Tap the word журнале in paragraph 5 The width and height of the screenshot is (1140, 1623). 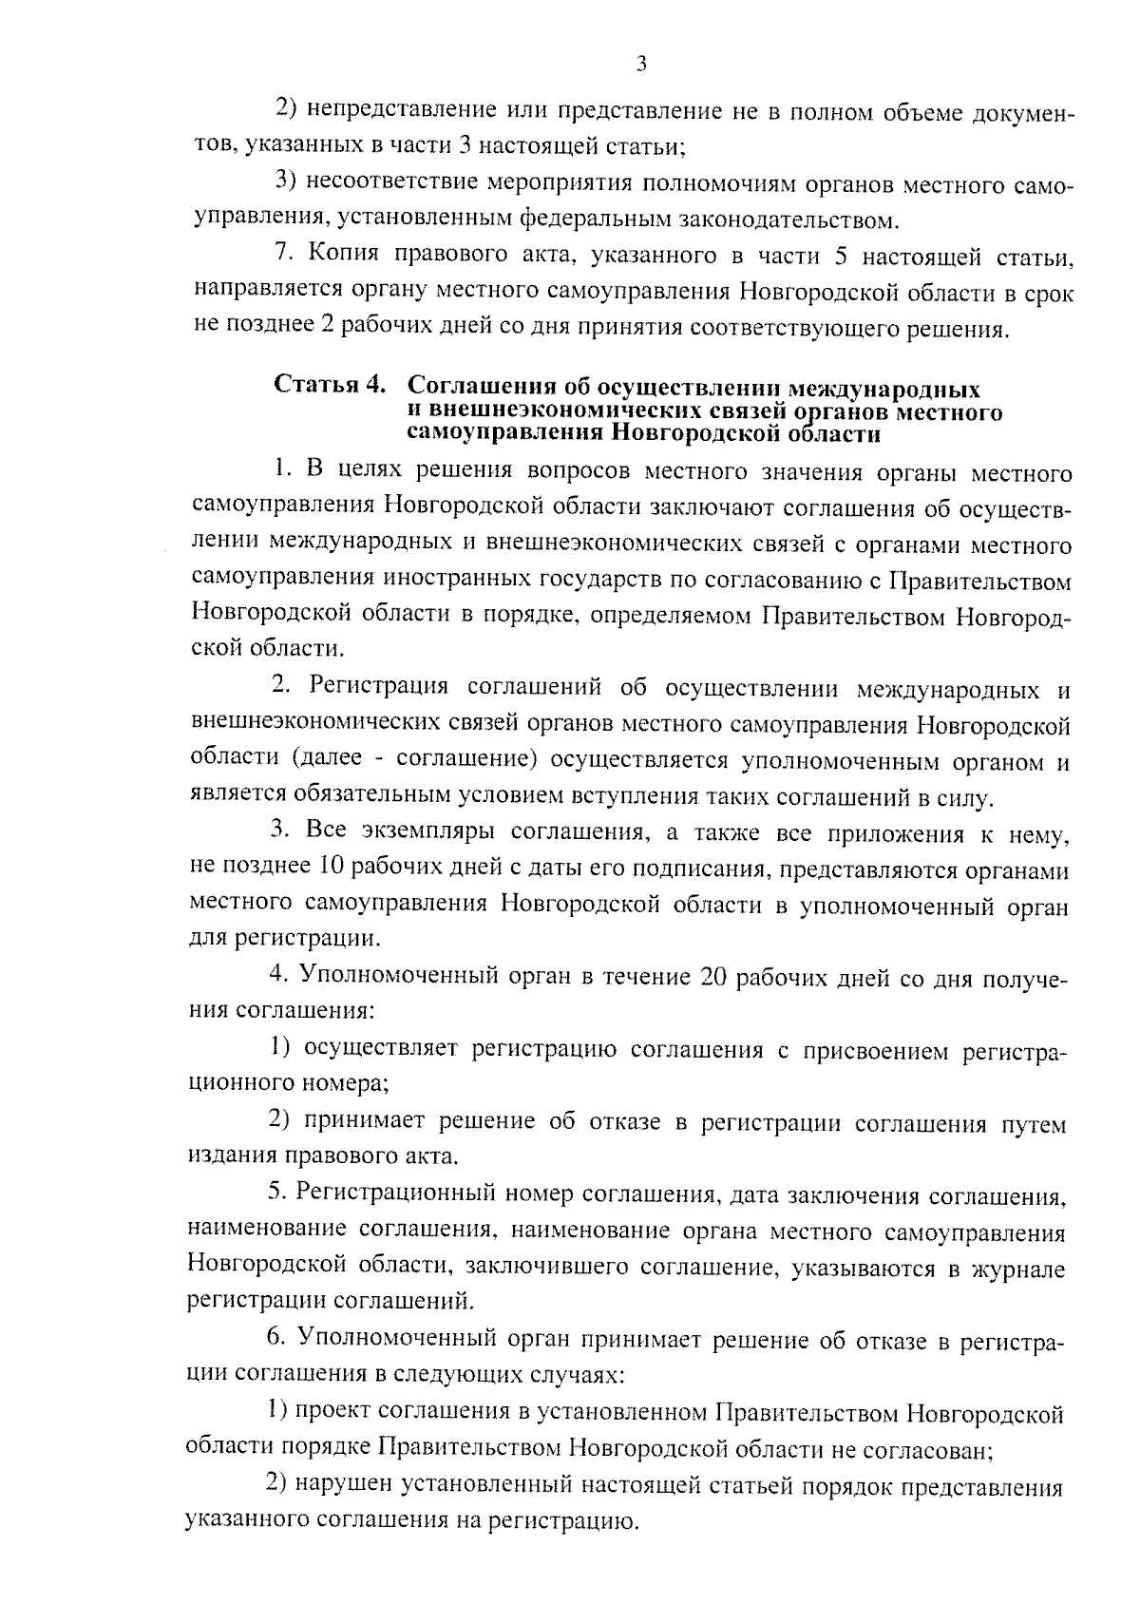[1022, 1270]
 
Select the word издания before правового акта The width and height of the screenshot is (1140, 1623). [230, 1156]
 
